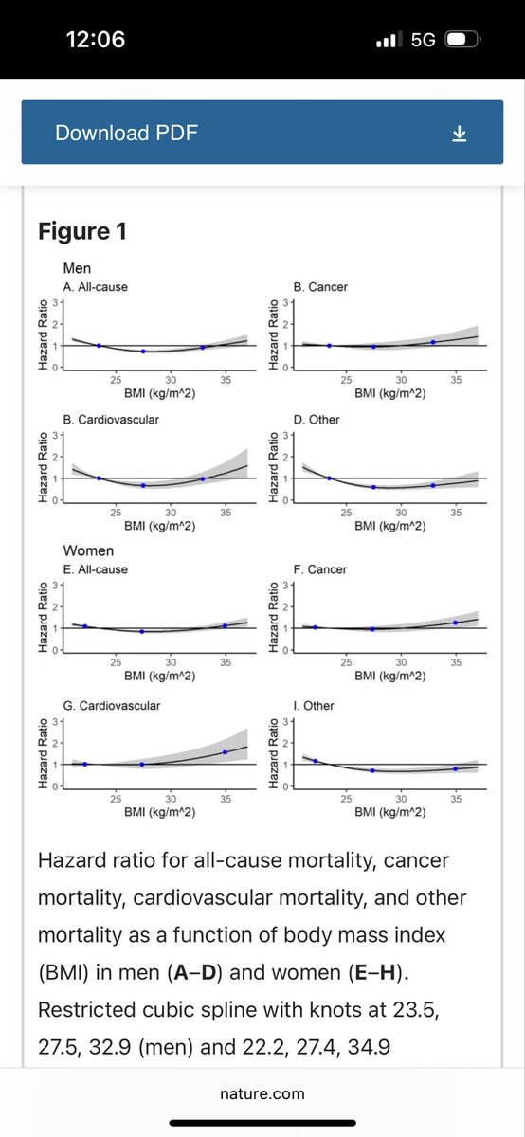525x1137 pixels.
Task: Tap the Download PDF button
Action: pyautogui.click(x=262, y=132)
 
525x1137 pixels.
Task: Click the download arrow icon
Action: pyautogui.click(x=459, y=134)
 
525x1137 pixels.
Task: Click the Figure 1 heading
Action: pyautogui.click(x=82, y=231)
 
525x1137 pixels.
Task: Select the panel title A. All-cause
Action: pyautogui.click(x=96, y=287)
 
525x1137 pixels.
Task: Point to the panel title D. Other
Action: pyautogui.click(x=317, y=419)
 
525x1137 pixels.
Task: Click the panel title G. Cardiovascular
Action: pyautogui.click(x=112, y=706)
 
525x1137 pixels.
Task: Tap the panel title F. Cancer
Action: pyautogui.click(x=320, y=569)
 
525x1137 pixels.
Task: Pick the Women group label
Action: pyautogui.click(x=88, y=550)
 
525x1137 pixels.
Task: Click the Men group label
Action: pyautogui.click(x=77, y=268)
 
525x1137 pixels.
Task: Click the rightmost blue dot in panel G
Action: pyautogui.click(x=225, y=752)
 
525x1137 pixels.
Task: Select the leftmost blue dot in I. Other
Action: pyautogui.click(x=316, y=761)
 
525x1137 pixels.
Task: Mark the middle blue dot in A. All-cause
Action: pyautogui.click(x=143, y=352)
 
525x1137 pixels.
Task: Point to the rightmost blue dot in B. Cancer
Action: pyautogui.click(x=433, y=342)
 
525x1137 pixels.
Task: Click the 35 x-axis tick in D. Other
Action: pyautogui.click(x=456, y=513)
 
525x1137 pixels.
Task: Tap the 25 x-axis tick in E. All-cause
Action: pyautogui.click(x=116, y=662)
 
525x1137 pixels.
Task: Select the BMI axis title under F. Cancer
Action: pyautogui.click(x=389, y=676)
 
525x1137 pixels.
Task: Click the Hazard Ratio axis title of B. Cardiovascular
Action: pyautogui.click(x=44, y=467)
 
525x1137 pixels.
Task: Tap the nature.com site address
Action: pyautogui.click(x=262, y=1093)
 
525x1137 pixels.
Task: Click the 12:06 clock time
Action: pyautogui.click(x=96, y=40)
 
